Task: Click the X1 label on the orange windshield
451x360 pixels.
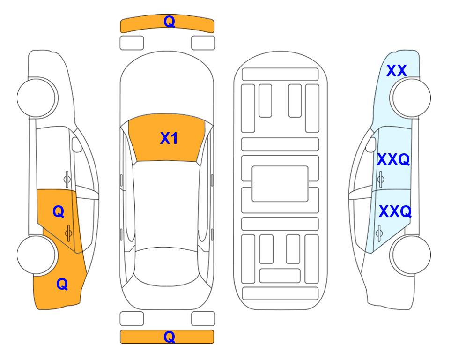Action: pyautogui.click(x=169, y=138)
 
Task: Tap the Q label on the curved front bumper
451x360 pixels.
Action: pyautogui.click(x=169, y=21)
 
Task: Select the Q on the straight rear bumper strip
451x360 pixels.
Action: pyautogui.click(x=169, y=337)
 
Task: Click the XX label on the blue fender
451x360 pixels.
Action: pyautogui.click(x=396, y=71)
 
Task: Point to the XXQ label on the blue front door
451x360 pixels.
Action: pyautogui.click(x=393, y=159)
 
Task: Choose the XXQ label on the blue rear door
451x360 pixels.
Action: pyautogui.click(x=395, y=211)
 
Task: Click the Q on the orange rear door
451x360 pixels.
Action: pyautogui.click(x=59, y=212)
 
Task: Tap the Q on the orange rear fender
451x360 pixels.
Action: pyautogui.click(x=62, y=284)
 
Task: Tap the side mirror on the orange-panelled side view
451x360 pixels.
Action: pyautogui.click(x=77, y=144)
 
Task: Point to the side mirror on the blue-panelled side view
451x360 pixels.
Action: pyautogui.click(x=371, y=144)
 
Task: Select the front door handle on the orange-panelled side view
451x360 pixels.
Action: pyautogui.click(x=67, y=179)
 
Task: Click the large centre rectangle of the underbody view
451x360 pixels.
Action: pyautogui.click(x=280, y=184)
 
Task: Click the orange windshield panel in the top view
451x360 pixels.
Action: pyautogui.click(x=167, y=138)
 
